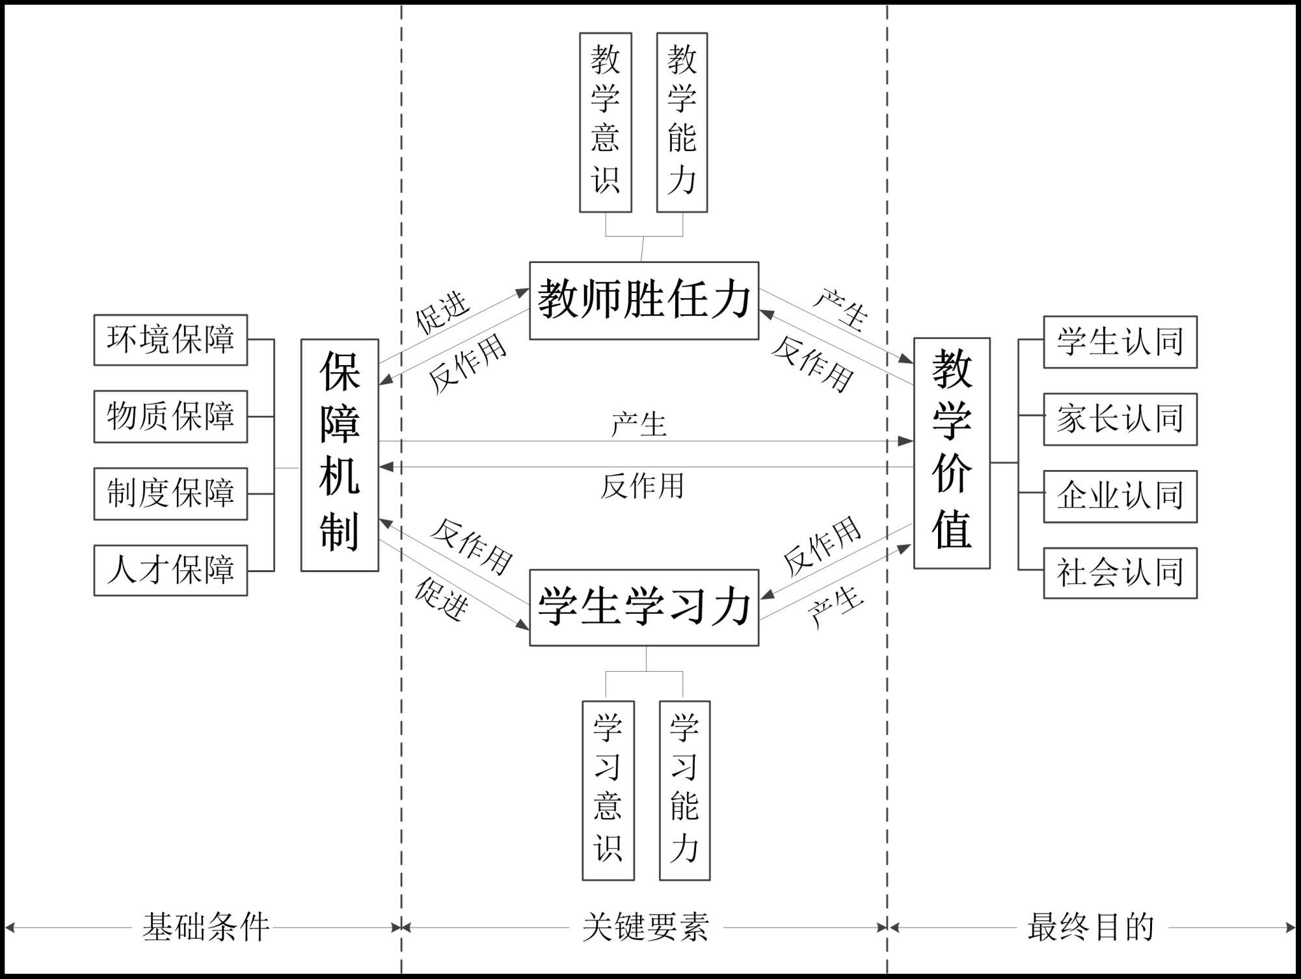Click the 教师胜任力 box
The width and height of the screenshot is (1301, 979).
644,300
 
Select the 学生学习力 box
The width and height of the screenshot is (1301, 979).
644,607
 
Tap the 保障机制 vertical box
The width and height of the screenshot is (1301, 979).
340,455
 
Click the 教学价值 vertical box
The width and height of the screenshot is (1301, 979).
952,453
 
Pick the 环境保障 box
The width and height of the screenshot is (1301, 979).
170,340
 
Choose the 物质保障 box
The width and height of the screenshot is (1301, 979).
170,417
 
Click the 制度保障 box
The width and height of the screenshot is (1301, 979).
170,493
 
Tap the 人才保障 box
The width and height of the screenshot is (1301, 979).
170,570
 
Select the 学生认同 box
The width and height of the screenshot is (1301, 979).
1120,342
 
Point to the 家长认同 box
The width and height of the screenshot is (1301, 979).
1120,419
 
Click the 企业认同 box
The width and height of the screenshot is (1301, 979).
1120,496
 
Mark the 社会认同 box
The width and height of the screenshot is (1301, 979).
1120,573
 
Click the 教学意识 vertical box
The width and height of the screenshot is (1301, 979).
606,122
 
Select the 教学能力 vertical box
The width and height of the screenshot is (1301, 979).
682,122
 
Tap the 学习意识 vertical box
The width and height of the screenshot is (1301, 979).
608,790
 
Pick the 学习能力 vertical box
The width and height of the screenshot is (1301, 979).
684,790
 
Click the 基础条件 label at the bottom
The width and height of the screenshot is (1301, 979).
206,928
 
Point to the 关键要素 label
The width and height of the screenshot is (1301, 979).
645,928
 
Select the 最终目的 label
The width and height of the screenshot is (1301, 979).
1091,928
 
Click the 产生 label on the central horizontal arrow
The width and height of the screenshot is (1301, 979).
639,424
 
